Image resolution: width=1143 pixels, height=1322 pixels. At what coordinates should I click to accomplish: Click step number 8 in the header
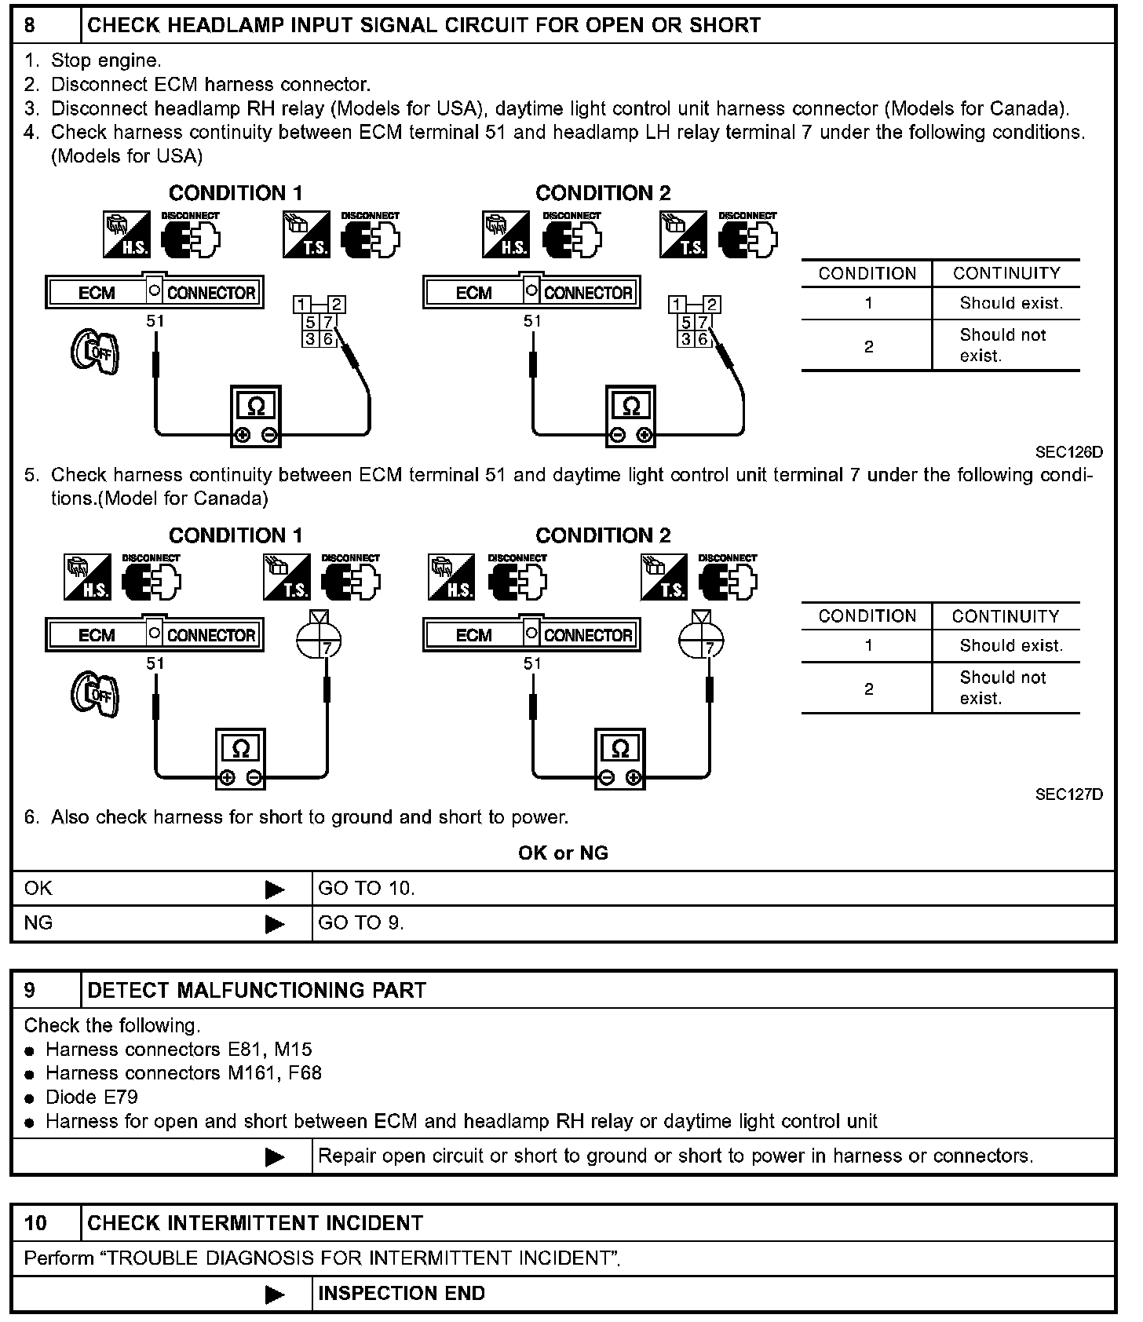(30, 25)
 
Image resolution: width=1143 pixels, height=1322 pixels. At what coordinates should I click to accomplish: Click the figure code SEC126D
(1068, 452)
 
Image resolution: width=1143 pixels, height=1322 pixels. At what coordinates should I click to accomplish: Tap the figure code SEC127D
(1068, 794)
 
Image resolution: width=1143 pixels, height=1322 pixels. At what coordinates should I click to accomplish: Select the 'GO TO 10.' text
(367, 889)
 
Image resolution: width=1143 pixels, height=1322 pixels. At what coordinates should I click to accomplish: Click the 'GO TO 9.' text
(361, 923)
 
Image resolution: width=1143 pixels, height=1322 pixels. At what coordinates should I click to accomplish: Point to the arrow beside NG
(275, 924)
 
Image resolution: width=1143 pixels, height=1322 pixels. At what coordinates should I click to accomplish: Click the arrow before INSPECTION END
(275, 1295)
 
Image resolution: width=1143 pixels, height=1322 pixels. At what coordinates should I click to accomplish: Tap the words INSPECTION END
(401, 1294)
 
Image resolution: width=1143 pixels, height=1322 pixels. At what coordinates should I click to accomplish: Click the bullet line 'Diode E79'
(92, 1097)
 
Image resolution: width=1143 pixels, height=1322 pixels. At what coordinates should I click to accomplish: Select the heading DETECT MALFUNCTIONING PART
(257, 990)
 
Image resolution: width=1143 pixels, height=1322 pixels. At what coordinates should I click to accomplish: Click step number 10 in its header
(35, 1223)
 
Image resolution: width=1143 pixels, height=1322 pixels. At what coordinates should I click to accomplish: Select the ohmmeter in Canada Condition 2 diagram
(620, 758)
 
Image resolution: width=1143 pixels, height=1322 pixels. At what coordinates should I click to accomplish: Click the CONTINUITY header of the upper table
(1006, 273)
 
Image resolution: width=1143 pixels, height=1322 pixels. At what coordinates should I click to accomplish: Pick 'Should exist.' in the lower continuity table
(1011, 645)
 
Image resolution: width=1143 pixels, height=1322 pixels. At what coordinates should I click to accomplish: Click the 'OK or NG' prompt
(563, 853)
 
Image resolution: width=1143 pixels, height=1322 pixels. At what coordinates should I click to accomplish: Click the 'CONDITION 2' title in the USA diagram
(603, 193)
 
